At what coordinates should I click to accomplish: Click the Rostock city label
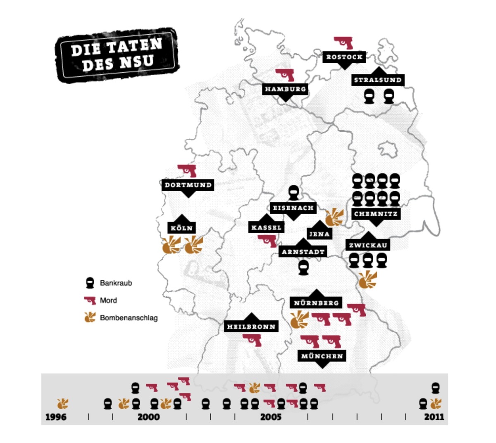pos(344,57)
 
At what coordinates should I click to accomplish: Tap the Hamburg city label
pos(285,89)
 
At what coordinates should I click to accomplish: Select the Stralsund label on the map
pos(377,80)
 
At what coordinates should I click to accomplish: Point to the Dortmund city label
pos(188,185)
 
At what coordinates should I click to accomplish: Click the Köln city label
pos(181,228)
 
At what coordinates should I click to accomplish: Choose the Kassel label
pos(267,227)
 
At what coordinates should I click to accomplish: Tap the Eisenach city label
pos(293,208)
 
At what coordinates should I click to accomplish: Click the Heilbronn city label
pos(251,327)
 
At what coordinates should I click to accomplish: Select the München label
pos(322,356)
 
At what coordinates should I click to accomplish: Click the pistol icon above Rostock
pos(343,42)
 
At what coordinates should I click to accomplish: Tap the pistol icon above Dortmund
pos(187,170)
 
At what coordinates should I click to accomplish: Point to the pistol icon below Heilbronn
pos(252,340)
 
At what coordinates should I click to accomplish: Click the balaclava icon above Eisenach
pos(293,192)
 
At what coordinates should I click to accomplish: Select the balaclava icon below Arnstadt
pos(304,267)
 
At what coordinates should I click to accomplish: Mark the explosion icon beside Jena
pos(334,217)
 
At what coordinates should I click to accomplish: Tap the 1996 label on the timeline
pos(56,417)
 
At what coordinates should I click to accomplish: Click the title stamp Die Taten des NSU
pos(117,54)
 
